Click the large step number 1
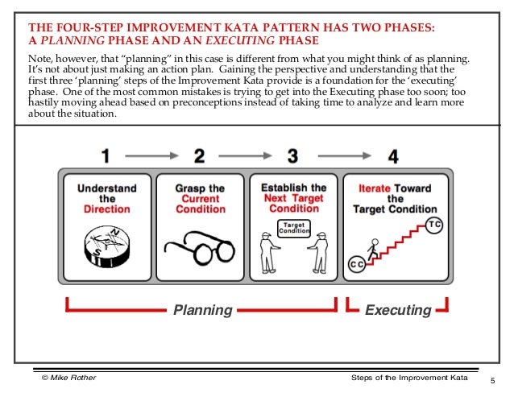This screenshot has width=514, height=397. point(105,155)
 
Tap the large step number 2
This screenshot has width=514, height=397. point(199,155)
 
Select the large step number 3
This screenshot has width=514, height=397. point(293,155)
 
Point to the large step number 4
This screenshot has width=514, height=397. point(392,155)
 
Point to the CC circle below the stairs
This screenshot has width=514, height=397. point(356,264)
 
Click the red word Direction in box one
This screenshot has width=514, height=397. point(107,209)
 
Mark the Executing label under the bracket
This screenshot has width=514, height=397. point(398,310)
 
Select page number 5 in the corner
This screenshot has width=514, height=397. point(491,380)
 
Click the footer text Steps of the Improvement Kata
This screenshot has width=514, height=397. point(409,378)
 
